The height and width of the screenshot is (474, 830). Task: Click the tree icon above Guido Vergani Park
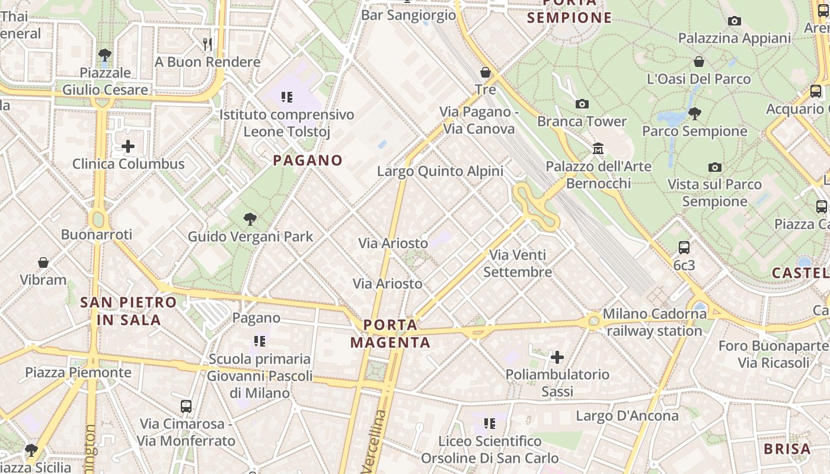point(250,219)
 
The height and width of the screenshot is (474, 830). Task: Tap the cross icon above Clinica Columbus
point(128,146)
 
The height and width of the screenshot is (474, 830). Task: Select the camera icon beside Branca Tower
point(582,104)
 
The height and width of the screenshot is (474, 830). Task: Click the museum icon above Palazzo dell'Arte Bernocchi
point(598,149)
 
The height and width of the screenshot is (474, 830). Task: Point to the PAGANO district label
point(308,160)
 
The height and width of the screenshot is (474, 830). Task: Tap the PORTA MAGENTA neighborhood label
point(390,334)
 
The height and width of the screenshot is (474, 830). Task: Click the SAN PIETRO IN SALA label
point(129,311)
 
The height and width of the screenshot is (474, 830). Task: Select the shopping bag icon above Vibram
point(43,262)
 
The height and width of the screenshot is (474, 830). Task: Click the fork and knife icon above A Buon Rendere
point(207,44)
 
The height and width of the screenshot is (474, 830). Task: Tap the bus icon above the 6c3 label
point(684,248)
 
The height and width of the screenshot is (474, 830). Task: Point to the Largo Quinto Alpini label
point(440,171)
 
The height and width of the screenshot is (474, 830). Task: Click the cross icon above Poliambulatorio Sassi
point(557,357)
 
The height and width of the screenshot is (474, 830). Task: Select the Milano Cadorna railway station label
point(655,322)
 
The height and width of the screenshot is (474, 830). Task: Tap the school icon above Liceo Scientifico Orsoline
point(490,424)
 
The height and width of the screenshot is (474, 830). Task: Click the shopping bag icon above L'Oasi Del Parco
point(699,62)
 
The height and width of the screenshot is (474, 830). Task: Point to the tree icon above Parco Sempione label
point(695,113)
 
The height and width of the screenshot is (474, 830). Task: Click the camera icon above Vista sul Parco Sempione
point(715,167)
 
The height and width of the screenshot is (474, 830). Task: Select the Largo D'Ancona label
point(627,415)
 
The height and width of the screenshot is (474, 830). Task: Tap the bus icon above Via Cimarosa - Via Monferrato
point(186,406)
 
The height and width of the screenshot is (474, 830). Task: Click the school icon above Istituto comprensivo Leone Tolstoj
point(287,97)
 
